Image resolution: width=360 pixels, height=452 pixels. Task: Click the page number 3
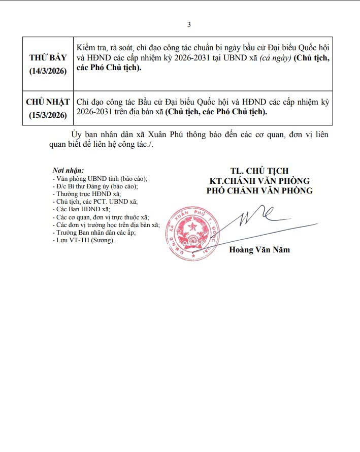[189, 24]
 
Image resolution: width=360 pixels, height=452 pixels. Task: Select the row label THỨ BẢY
[48, 57]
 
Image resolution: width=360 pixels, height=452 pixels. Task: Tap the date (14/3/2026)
[48, 71]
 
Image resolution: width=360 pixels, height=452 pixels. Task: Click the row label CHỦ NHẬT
[48, 102]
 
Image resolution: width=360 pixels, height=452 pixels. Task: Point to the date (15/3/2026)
[48, 115]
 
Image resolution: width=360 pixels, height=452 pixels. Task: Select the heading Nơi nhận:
[68, 171]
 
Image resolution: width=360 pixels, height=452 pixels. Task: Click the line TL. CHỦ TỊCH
[259, 171]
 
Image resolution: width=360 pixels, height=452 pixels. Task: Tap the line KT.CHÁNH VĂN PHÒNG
[259, 181]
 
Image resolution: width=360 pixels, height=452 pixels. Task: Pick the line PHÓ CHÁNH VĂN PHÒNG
[259, 190]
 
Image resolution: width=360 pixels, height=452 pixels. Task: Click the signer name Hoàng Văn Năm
[259, 250]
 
